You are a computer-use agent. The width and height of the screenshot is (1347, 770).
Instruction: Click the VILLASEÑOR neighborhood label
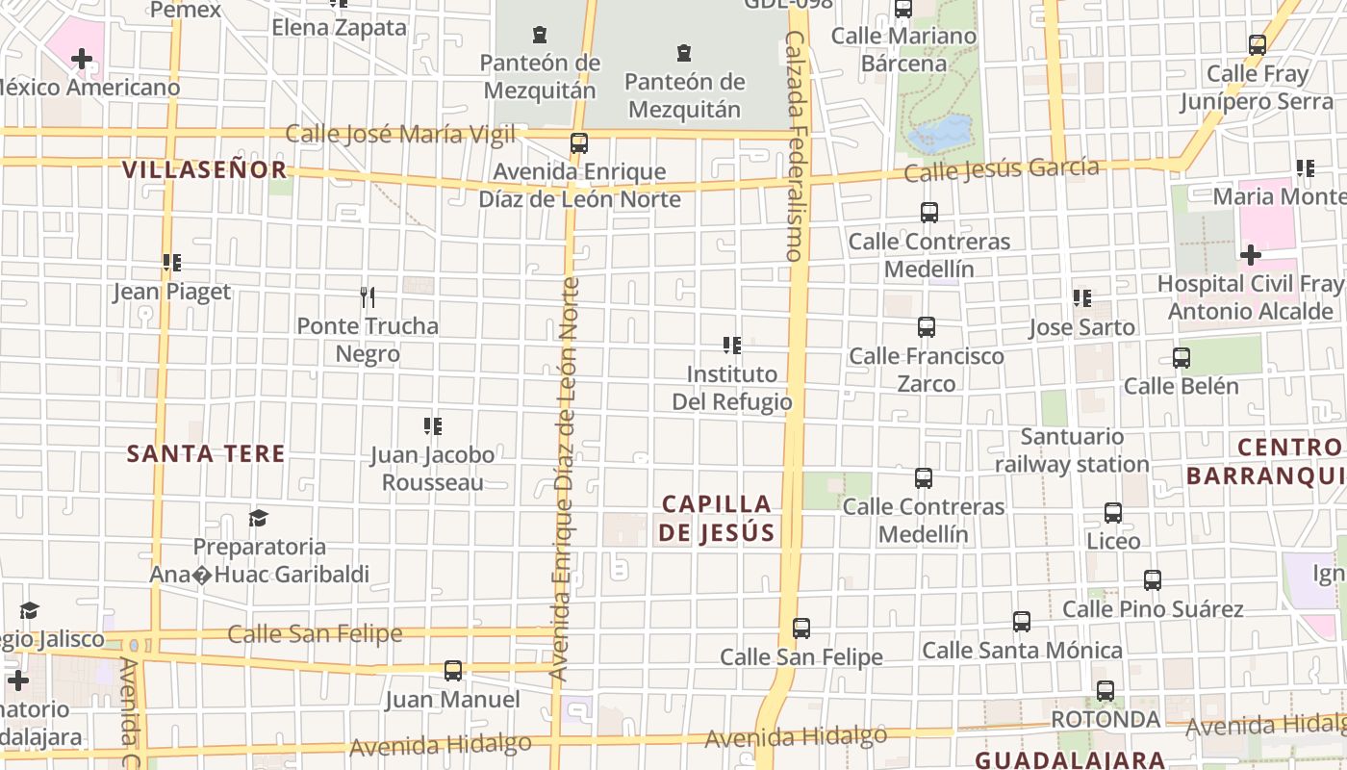[x=204, y=170]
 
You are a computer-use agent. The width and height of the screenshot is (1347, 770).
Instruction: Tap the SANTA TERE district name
[x=206, y=453]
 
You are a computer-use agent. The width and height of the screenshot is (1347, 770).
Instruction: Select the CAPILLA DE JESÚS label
[x=717, y=518]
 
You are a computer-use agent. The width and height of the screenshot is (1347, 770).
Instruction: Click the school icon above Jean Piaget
[x=172, y=262]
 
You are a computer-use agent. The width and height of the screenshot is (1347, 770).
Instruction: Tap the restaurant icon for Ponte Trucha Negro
[x=367, y=296]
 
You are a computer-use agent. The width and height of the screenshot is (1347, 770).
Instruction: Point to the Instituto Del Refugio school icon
[x=732, y=345]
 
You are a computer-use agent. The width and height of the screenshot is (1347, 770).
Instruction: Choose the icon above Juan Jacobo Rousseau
[x=433, y=425]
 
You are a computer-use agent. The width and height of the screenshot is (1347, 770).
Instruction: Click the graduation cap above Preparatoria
[x=258, y=519]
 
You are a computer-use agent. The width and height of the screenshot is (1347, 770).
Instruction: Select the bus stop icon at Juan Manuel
[x=453, y=670]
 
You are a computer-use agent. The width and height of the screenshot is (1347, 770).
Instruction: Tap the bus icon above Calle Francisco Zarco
[x=927, y=327]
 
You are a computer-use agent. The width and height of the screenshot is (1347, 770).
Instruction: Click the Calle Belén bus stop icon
[x=1182, y=358]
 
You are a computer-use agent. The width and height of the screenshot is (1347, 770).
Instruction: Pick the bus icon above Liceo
[x=1113, y=513]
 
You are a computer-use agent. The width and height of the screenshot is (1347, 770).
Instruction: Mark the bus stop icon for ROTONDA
[x=1106, y=691]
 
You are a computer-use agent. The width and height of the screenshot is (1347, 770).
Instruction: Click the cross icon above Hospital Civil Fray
[x=1251, y=255]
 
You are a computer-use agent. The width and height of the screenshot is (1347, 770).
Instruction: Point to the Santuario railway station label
[x=1072, y=450]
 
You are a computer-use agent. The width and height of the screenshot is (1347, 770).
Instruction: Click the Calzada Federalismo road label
[x=795, y=144]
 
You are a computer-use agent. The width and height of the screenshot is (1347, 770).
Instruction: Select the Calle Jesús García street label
[x=1002, y=169]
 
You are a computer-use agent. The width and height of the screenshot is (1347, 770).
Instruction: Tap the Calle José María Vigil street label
[x=400, y=134]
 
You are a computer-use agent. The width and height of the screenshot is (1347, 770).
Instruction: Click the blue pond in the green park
[x=940, y=134]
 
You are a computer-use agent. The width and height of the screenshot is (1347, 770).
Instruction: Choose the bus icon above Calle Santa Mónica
[x=1022, y=623]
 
